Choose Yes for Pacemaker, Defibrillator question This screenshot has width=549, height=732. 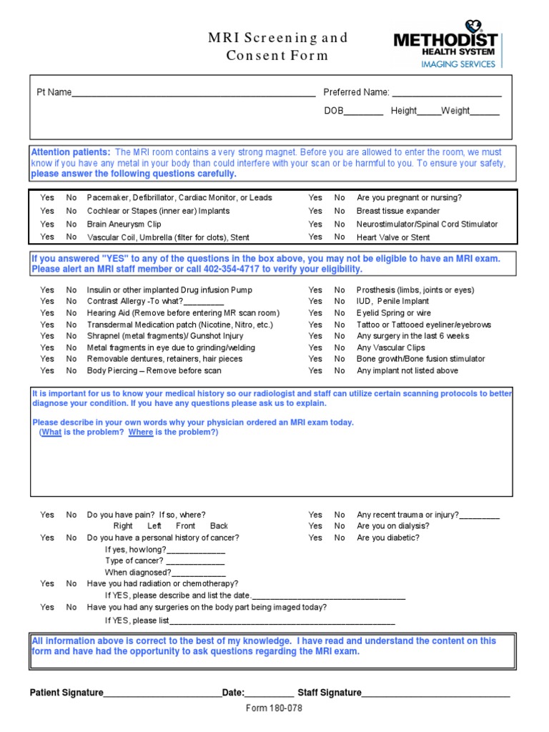click(x=47, y=197)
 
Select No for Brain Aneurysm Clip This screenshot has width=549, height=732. click(x=71, y=224)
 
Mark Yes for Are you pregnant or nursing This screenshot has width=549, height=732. click(x=315, y=197)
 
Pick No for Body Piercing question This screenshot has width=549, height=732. click(x=71, y=370)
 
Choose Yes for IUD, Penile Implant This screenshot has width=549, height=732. click(x=315, y=302)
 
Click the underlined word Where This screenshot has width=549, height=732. click(x=141, y=432)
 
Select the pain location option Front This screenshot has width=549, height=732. click(x=185, y=525)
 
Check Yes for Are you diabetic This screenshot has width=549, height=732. click(x=315, y=538)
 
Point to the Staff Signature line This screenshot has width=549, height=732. click(x=435, y=693)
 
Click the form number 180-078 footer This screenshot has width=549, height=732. click(x=274, y=708)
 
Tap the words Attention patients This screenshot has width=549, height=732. click(x=71, y=152)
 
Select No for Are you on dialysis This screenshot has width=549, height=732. click(x=340, y=526)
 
